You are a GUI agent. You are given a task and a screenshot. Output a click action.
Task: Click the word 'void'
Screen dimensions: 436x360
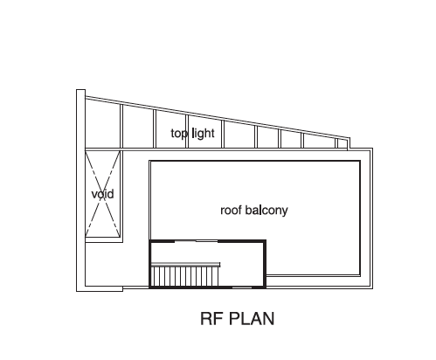tap(102, 194)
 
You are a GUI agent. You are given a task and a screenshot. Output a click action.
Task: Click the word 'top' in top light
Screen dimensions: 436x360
tap(179, 134)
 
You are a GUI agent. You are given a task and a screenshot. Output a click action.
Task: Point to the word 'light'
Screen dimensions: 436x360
tap(204, 134)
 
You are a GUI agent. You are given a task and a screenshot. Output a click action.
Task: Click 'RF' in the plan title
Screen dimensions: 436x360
tap(211, 318)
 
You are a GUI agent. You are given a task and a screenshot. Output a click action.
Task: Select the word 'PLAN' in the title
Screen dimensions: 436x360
tap(252, 318)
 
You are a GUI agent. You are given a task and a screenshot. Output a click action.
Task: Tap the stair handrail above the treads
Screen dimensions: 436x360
tap(185, 264)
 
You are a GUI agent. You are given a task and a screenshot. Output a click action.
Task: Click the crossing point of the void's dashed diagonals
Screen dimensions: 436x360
tap(102, 194)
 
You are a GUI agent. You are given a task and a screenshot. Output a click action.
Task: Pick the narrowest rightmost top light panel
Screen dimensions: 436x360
tap(342, 143)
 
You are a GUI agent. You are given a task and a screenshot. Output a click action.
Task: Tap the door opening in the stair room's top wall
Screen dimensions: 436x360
tap(197, 241)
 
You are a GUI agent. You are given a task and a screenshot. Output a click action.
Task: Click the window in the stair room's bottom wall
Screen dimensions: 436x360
tap(242, 287)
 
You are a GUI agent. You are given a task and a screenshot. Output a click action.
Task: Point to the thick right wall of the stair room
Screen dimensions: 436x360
tap(265, 264)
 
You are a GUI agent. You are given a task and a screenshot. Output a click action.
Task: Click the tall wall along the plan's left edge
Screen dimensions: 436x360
tap(80, 190)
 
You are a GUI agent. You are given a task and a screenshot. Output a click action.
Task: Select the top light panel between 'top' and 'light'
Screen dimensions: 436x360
tap(172, 129)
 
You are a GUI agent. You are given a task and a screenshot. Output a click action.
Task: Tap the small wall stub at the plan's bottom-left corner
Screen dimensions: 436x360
tap(104, 288)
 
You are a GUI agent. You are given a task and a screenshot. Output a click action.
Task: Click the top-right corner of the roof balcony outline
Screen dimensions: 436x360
tap(360, 161)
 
